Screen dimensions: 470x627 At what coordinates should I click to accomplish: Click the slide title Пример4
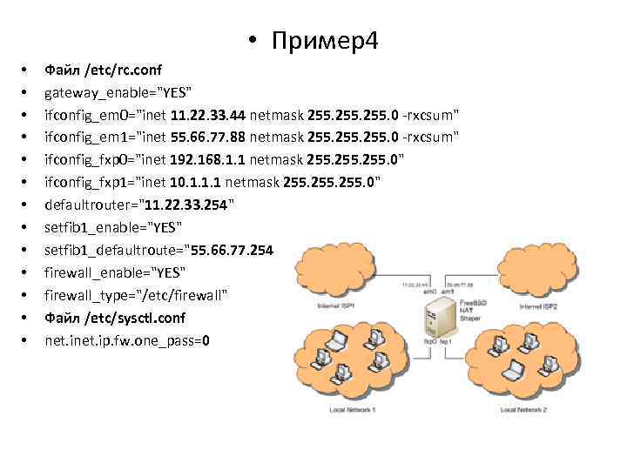pyautogui.click(x=324, y=40)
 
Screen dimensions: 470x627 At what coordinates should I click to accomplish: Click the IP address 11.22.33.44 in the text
pyautogui.click(x=209, y=114)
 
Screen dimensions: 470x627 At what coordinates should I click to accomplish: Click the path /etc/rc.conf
pyautogui.click(x=122, y=69)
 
